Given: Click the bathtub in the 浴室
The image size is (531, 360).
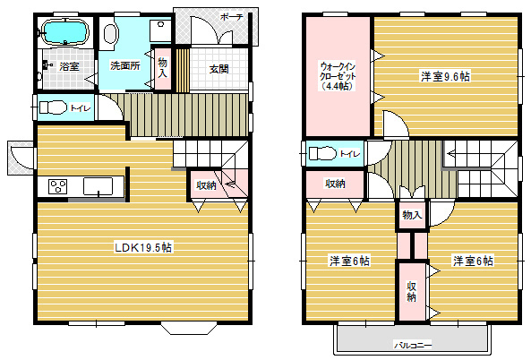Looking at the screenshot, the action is pos(64,32).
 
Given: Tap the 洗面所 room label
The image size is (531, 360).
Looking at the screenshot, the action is pos(125,65).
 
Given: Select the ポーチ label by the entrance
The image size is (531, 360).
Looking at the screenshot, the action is pos(232,17).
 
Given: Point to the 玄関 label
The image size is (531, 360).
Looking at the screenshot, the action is pos(218,69).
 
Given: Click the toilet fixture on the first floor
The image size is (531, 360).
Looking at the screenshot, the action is pos(53,107).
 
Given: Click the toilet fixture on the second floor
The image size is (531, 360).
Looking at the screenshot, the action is pos(322,153).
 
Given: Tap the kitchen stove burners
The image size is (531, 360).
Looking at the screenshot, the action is pos(58,186).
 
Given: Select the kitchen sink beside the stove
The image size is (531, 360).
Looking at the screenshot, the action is pos(98,186).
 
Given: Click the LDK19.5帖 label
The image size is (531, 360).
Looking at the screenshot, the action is pos(143,247).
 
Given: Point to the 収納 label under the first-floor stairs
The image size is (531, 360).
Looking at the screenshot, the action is pos(206,185).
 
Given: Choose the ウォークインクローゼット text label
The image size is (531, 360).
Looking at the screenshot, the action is pos(338,76).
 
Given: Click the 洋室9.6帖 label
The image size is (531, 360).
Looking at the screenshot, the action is pos(445,76).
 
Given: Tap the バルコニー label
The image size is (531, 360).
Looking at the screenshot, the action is pos(413,346).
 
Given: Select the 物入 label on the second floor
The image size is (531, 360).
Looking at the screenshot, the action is pos(412,215).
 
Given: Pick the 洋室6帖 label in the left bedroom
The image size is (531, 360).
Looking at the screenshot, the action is pos(349,261).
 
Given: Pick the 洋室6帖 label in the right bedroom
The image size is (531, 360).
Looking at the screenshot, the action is pos(473,261).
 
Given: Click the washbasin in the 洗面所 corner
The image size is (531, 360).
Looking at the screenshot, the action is pos(160,30).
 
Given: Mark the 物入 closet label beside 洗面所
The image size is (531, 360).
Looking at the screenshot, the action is pos(163,68).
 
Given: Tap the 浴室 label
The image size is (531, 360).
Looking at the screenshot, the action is pos(69,66).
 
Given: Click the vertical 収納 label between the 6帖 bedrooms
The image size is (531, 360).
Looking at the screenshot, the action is pos(411,291).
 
